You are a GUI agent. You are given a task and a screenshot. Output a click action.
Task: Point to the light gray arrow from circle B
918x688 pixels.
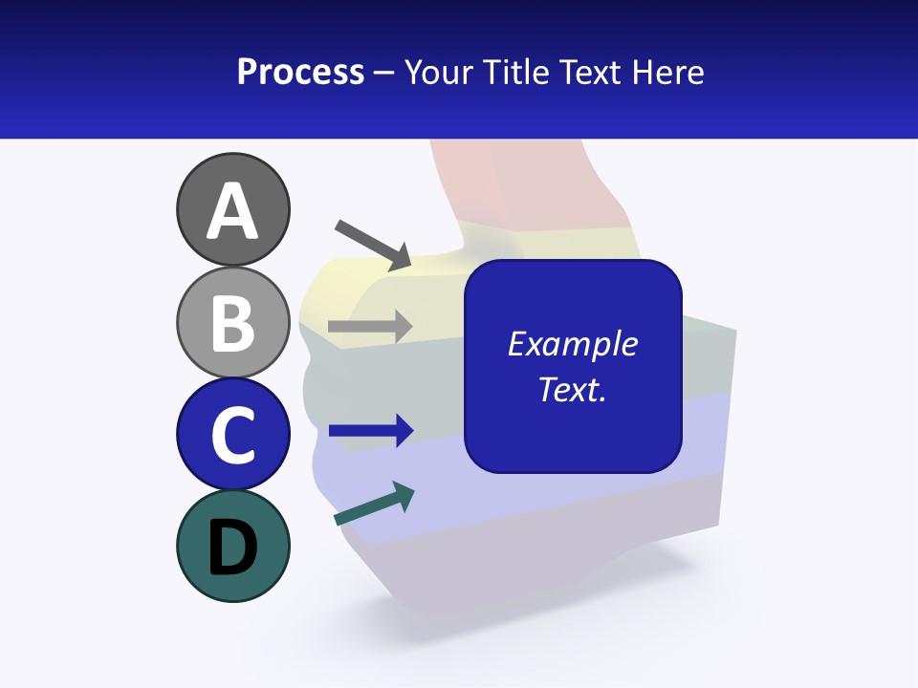click(x=370, y=326)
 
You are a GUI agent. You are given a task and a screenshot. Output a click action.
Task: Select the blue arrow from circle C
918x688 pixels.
click(x=371, y=431)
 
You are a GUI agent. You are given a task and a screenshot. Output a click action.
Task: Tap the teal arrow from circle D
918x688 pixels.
click(x=374, y=504)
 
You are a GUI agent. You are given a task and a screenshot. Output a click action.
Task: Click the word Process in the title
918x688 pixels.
click(x=300, y=73)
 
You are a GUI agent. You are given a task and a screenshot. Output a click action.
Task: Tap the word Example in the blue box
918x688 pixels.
click(x=573, y=344)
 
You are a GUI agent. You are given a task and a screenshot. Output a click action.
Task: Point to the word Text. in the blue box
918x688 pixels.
click(x=573, y=389)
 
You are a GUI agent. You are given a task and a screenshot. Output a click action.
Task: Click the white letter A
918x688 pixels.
click(x=232, y=211)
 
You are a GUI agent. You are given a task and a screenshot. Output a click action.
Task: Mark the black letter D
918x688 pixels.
click(x=232, y=548)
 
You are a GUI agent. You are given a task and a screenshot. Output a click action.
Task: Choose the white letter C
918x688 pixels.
click(x=232, y=436)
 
